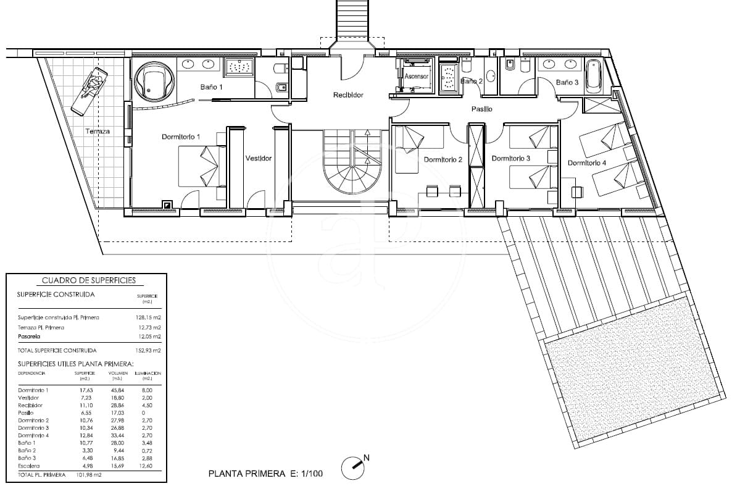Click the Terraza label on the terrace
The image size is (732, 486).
pos(98,132)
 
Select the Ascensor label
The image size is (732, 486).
pos(416,76)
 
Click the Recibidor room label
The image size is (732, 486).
pos(348,95)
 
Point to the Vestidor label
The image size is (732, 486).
pos(258,158)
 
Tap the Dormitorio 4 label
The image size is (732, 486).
pos(587,164)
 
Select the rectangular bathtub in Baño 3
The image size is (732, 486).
pos(594,76)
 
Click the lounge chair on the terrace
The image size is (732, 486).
pos(90,91)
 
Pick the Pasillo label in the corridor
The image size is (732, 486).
pos(482,109)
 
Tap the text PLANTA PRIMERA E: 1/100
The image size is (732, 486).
pos(265,474)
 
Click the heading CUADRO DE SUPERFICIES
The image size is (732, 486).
pos(85,280)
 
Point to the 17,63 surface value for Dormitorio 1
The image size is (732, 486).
pos(85,390)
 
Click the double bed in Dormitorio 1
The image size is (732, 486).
pos(202,166)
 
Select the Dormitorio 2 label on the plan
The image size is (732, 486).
pos(443,160)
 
